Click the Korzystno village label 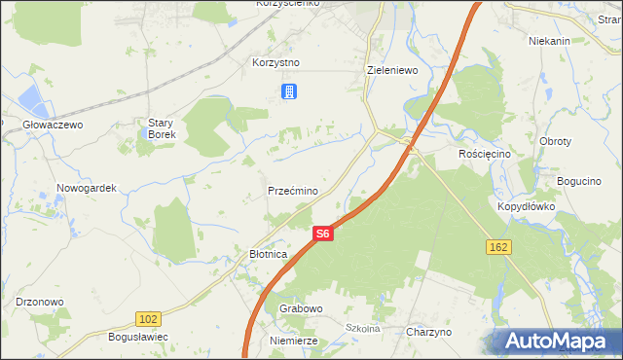click(x=275, y=62)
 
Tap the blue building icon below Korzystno click(x=289, y=92)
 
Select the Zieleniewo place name click(x=392, y=70)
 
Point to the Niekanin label click(x=548, y=41)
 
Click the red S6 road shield click(x=324, y=234)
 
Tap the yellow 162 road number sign click(x=497, y=248)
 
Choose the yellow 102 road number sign click(x=148, y=318)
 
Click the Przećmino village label click(x=292, y=192)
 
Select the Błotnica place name click(x=262, y=254)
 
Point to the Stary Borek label click(x=161, y=128)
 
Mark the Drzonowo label click(x=40, y=302)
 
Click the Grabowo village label click(x=301, y=308)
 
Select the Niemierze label click(x=294, y=341)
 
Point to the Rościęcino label click(x=484, y=154)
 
